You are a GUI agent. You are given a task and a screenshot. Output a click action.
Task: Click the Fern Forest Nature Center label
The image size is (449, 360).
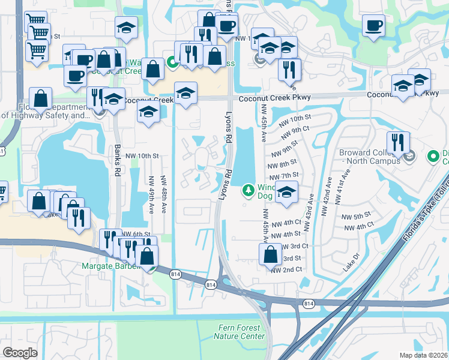pos(239,332)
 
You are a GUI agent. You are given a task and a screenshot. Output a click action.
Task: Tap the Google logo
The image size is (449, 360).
pos(20,353)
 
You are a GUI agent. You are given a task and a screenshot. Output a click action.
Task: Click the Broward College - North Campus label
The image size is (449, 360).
pos(369,157)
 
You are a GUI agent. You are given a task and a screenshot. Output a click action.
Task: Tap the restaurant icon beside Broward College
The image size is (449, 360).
pos(398,142)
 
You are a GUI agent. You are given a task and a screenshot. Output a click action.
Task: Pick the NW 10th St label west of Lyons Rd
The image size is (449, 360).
pos(143,156)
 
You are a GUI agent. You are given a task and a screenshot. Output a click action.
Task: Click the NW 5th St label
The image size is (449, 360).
pos(355,216)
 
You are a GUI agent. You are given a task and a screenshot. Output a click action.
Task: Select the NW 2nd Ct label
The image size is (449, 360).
pos(286,270)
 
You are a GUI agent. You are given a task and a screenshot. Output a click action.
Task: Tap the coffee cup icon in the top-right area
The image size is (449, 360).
pos(373,26)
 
